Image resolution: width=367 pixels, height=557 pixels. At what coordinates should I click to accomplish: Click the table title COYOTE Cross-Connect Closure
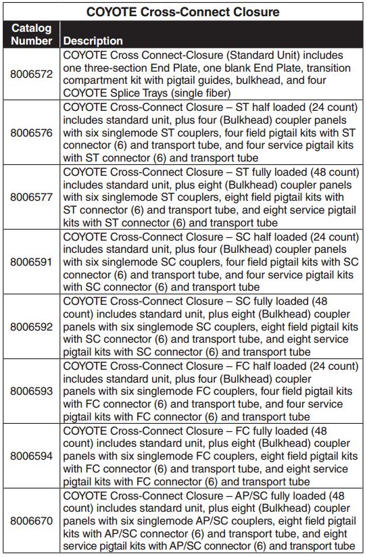183,11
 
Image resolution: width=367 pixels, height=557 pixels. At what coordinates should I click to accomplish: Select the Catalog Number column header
31,34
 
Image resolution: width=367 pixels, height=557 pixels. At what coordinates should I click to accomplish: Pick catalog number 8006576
31,132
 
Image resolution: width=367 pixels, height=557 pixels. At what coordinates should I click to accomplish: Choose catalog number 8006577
31,197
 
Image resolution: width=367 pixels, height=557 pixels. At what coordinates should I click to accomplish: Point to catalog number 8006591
31,262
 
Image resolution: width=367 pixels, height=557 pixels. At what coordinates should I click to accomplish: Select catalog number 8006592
31,326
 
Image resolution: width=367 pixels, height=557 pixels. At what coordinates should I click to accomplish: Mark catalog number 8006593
31,391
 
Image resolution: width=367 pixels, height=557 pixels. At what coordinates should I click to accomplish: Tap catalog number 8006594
31,456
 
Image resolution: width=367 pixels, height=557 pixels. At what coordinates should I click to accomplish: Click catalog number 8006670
31,521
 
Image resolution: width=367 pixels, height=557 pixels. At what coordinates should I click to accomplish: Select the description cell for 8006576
211,132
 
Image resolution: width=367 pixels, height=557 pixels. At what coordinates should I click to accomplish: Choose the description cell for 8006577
211,197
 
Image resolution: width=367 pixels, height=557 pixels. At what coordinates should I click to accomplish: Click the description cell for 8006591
211,262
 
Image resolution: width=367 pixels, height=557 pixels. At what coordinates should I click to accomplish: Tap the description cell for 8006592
211,326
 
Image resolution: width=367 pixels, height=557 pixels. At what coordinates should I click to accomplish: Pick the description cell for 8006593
211,391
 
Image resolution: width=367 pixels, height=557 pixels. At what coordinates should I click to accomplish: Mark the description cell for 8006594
211,456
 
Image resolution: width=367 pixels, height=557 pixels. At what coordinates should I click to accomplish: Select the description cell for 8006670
211,521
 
